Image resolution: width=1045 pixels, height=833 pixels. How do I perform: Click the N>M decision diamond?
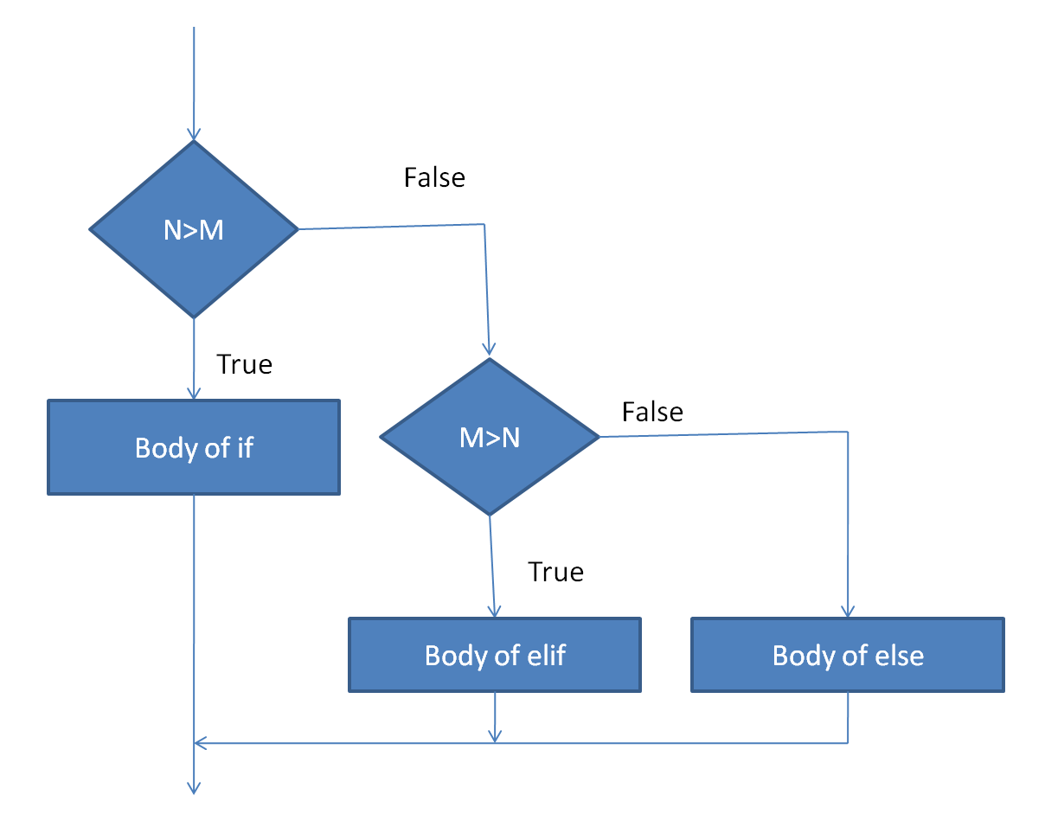(194, 230)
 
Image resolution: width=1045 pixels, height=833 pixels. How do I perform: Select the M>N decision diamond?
(490, 438)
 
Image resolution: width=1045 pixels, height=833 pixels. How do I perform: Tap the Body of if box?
(194, 447)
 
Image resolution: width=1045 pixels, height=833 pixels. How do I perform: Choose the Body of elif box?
(495, 655)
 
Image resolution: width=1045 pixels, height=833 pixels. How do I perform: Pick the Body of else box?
(848, 655)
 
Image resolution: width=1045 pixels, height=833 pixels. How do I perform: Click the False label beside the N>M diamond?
(434, 177)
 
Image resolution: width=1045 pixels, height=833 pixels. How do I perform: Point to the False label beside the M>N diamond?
(652, 412)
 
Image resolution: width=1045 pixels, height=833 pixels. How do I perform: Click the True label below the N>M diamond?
(244, 364)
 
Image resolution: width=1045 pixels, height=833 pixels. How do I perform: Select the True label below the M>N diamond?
(555, 572)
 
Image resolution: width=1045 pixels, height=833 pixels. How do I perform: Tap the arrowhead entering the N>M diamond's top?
(194, 134)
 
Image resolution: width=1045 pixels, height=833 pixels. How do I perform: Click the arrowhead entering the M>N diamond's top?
(490, 350)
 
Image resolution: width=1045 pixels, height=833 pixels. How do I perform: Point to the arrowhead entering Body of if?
(194, 394)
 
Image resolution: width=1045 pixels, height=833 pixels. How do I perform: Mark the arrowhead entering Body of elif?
(494, 611)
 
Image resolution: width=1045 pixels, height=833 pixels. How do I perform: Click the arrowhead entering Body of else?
(848, 611)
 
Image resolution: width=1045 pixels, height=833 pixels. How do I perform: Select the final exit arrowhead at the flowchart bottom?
(194, 787)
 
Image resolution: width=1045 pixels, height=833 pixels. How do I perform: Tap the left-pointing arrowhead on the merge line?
(201, 742)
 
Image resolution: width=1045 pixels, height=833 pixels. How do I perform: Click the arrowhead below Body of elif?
(495, 735)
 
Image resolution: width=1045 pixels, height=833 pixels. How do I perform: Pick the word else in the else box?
(901, 655)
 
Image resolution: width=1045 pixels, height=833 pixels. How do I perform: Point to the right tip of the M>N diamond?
(598, 437)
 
